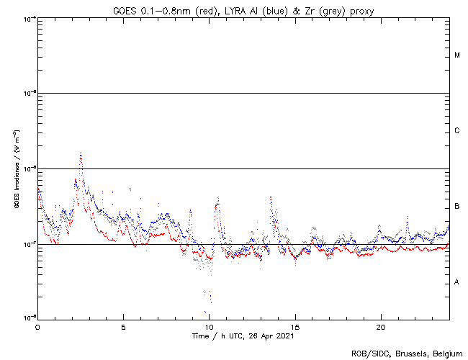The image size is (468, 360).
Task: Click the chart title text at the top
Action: (x=243, y=9)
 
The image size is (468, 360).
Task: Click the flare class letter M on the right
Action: (x=457, y=55)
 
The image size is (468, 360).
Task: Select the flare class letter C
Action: (x=457, y=131)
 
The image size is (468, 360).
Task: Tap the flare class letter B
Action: (x=457, y=207)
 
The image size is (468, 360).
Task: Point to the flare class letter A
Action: (x=457, y=282)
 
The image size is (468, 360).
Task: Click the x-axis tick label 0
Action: (x=37, y=326)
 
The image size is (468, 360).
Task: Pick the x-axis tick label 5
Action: (x=123, y=326)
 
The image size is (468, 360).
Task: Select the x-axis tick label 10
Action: (x=209, y=326)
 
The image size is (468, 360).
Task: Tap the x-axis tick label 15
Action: (x=295, y=326)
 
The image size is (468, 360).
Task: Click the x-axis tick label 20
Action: (x=381, y=326)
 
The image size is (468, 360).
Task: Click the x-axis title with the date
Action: (x=243, y=336)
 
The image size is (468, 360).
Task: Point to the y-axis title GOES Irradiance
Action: (x=16, y=169)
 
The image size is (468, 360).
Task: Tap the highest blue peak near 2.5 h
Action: (x=81, y=153)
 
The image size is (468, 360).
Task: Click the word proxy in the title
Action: (x=360, y=9)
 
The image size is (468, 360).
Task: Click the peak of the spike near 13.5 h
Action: (x=270, y=197)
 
